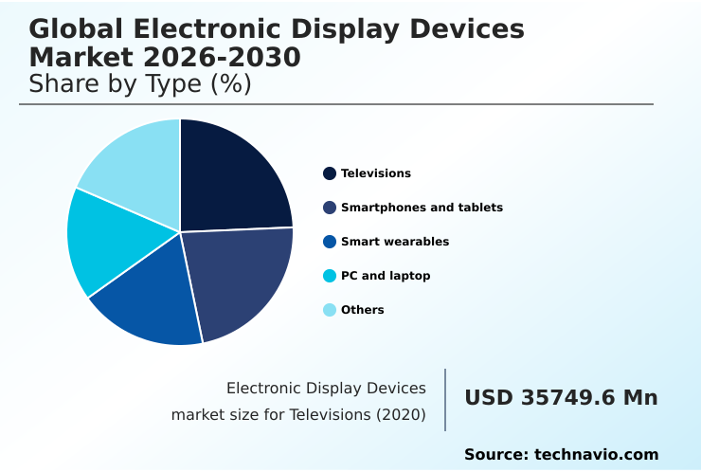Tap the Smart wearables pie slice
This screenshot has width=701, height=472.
tap(152, 299)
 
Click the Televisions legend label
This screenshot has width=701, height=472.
tap(376, 173)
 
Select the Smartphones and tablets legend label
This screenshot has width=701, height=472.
tap(422, 208)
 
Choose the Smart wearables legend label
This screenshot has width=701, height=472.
tap(395, 242)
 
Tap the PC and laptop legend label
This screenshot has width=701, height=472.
tap(386, 276)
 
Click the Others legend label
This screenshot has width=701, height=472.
tap(363, 310)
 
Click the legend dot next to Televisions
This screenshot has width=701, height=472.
tap(330, 173)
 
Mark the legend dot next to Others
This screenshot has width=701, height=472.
tap(330, 310)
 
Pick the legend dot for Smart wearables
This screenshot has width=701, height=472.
tap(330, 242)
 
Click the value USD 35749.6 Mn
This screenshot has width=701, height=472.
tap(561, 398)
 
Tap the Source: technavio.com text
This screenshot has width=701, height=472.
tap(561, 455)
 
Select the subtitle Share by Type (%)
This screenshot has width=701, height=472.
tap(140, 84)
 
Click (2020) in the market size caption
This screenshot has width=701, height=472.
tap(401, 415)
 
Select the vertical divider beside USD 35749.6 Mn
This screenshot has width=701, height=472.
tap(445, 400)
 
